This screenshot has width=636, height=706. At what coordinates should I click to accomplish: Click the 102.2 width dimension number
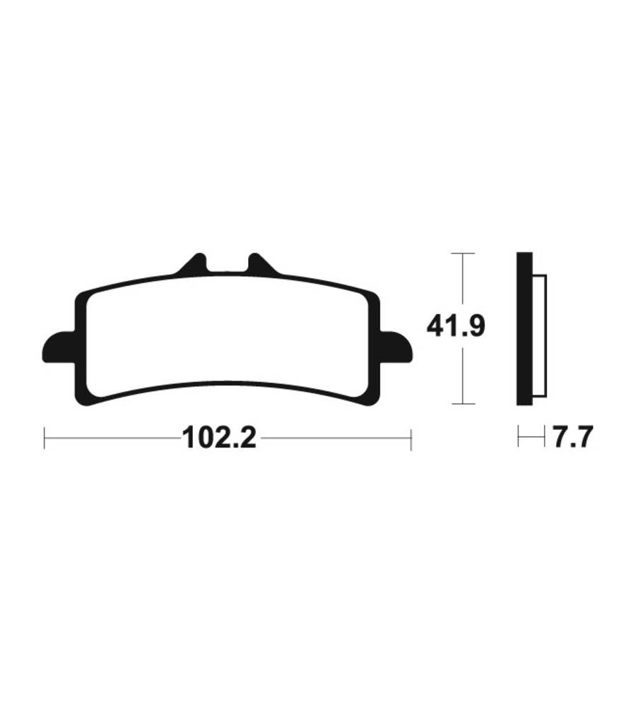point(219,438)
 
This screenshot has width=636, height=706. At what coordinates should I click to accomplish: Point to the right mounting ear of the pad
point(396,347)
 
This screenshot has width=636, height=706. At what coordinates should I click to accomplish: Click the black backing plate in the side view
point(524,329)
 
